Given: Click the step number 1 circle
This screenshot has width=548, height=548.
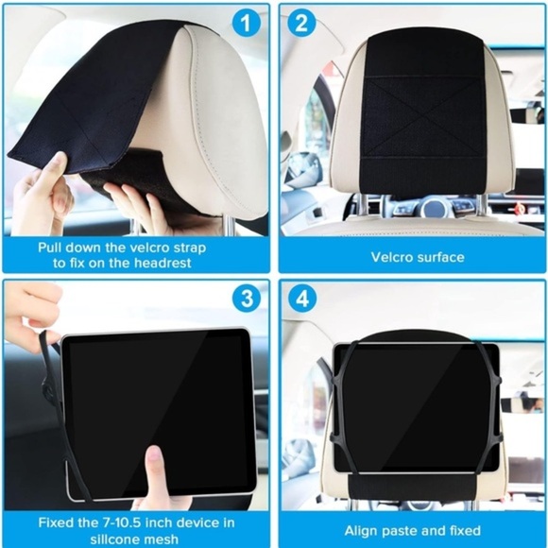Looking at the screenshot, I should tap(247, 24).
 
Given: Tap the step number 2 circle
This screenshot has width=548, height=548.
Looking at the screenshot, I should tap(301, 24).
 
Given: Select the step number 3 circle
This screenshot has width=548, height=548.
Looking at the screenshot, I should tap(247, 300).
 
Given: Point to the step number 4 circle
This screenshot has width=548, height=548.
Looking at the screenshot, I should tap(301, 300).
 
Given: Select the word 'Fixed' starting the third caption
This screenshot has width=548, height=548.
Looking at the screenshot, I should tap(57, 521).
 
